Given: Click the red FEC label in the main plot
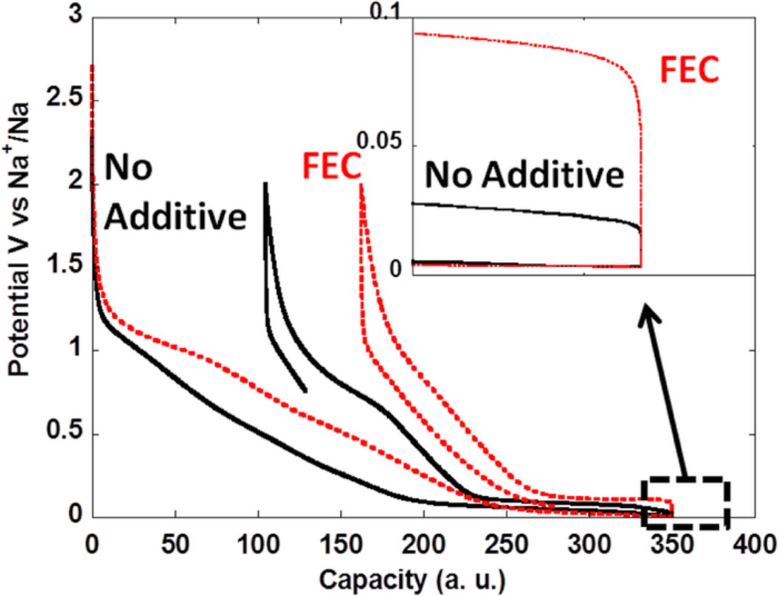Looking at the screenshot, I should pos(332,167).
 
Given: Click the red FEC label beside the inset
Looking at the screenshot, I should pos(689,70).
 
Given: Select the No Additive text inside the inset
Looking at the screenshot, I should pos(524,175).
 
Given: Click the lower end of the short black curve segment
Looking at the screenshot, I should pos(305,391).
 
